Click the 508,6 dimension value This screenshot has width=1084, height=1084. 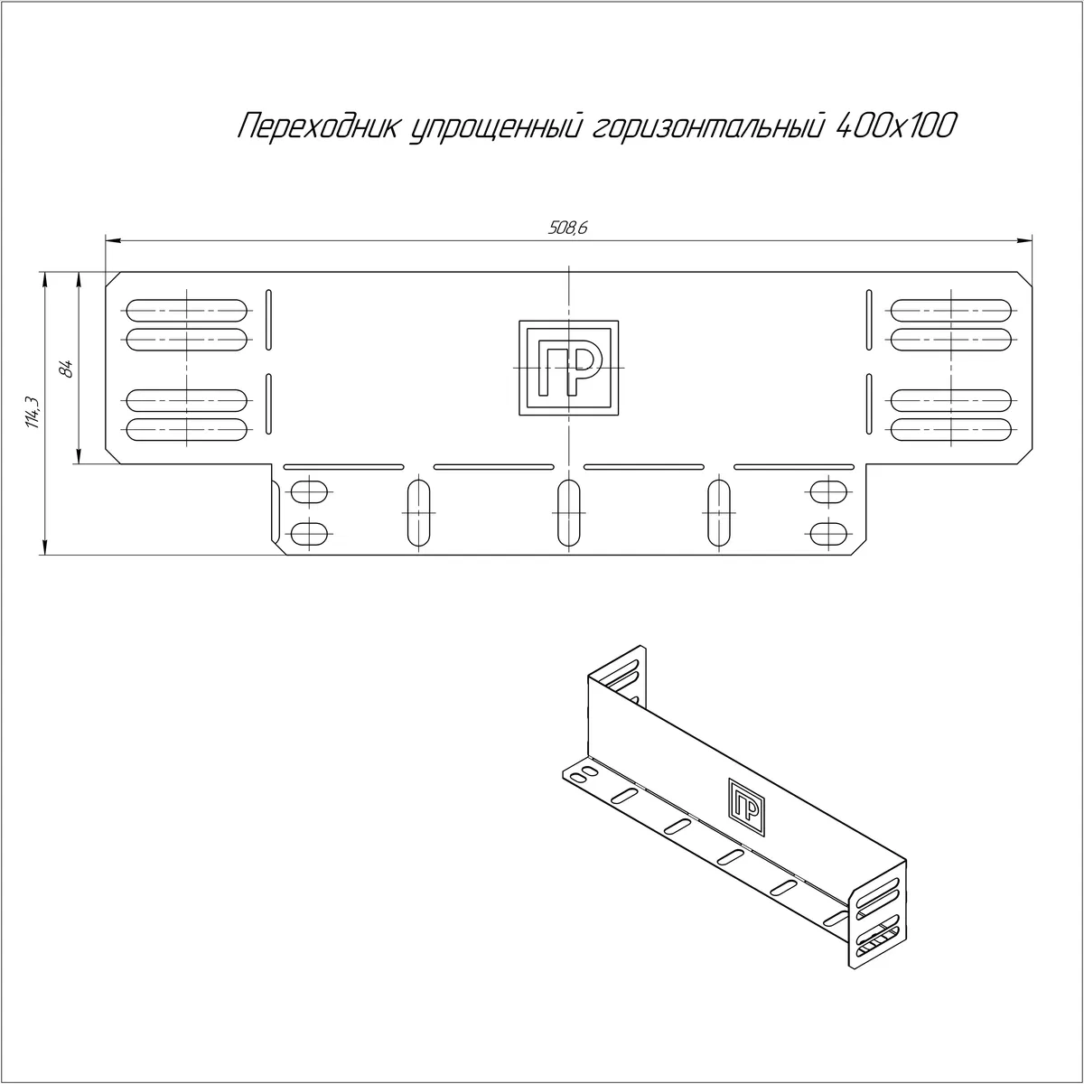tap(567, 228)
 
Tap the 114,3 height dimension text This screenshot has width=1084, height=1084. tap(33, 412)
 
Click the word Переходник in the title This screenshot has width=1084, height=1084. tap(318, 126)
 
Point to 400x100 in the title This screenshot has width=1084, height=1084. tap(896, 126)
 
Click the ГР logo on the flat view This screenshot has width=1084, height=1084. tap(569, 369)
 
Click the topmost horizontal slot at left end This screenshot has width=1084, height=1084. tap(187, 311)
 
